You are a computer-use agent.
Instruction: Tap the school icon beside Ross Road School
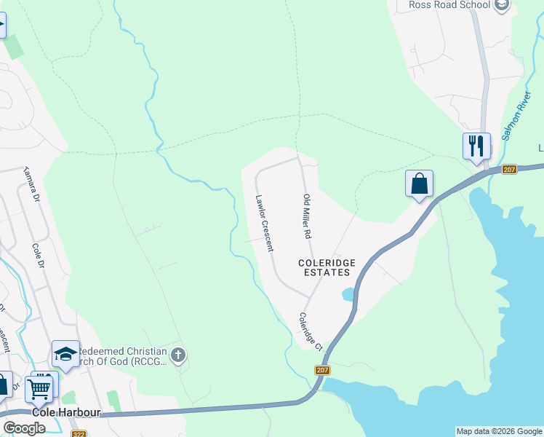(501, 5)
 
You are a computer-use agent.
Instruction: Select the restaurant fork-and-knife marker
(476, 146)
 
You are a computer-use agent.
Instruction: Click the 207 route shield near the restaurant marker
(508, 170)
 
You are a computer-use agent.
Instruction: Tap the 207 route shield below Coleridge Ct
(323, 370)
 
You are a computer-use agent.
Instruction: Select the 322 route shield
(79, 434)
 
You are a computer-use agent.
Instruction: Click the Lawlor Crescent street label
(264, 222)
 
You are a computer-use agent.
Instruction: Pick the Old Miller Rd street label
(307, 218)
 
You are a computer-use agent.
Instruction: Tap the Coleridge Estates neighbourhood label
(324, 267)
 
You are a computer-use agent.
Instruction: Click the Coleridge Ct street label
(310, 331)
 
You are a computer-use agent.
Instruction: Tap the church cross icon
(178, 356)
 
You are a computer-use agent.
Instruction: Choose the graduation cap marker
(65, 355)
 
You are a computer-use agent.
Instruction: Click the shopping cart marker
(39, 387)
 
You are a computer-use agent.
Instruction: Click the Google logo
(24, 428)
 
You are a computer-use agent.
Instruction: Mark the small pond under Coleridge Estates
(348, 294)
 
